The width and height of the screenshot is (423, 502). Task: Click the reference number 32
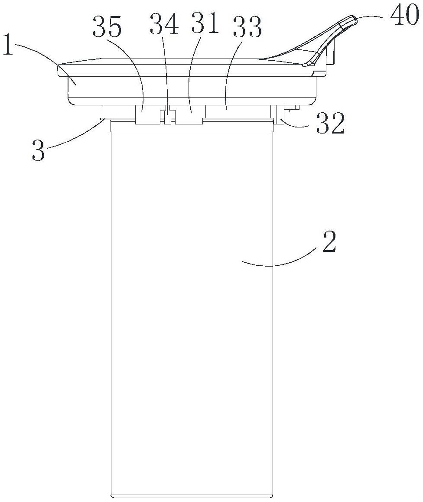tap(330, 124)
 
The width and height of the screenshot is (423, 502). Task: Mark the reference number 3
tap(38, 151)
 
